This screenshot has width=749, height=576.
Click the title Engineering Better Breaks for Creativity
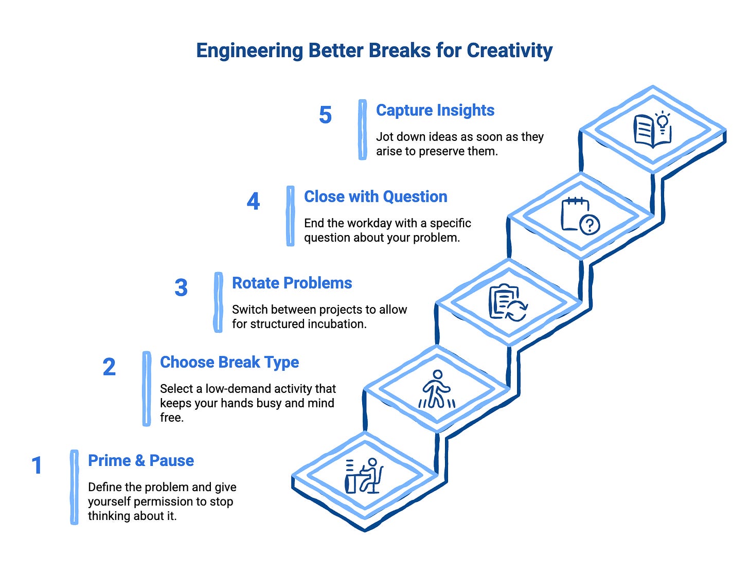(374, 51)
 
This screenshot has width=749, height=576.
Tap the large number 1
(37, 465)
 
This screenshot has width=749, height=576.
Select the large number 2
(109, 367)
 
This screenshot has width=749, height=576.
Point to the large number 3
(181, 287)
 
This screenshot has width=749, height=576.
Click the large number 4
(253, 201)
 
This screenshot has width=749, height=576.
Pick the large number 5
(325, 115)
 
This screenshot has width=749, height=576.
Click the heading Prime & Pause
(141, 460)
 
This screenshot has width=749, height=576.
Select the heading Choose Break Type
(229, 362)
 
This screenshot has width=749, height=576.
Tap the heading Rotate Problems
(292, 283)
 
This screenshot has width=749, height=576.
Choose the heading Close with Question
(376, 196)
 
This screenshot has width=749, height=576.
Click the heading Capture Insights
(435, 110)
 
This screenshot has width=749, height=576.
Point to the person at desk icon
(364, 476)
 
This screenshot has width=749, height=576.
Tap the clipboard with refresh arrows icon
(508, 303)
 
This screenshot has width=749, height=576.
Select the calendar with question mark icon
(580, 217)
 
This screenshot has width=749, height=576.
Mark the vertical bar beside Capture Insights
(363, 130)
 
